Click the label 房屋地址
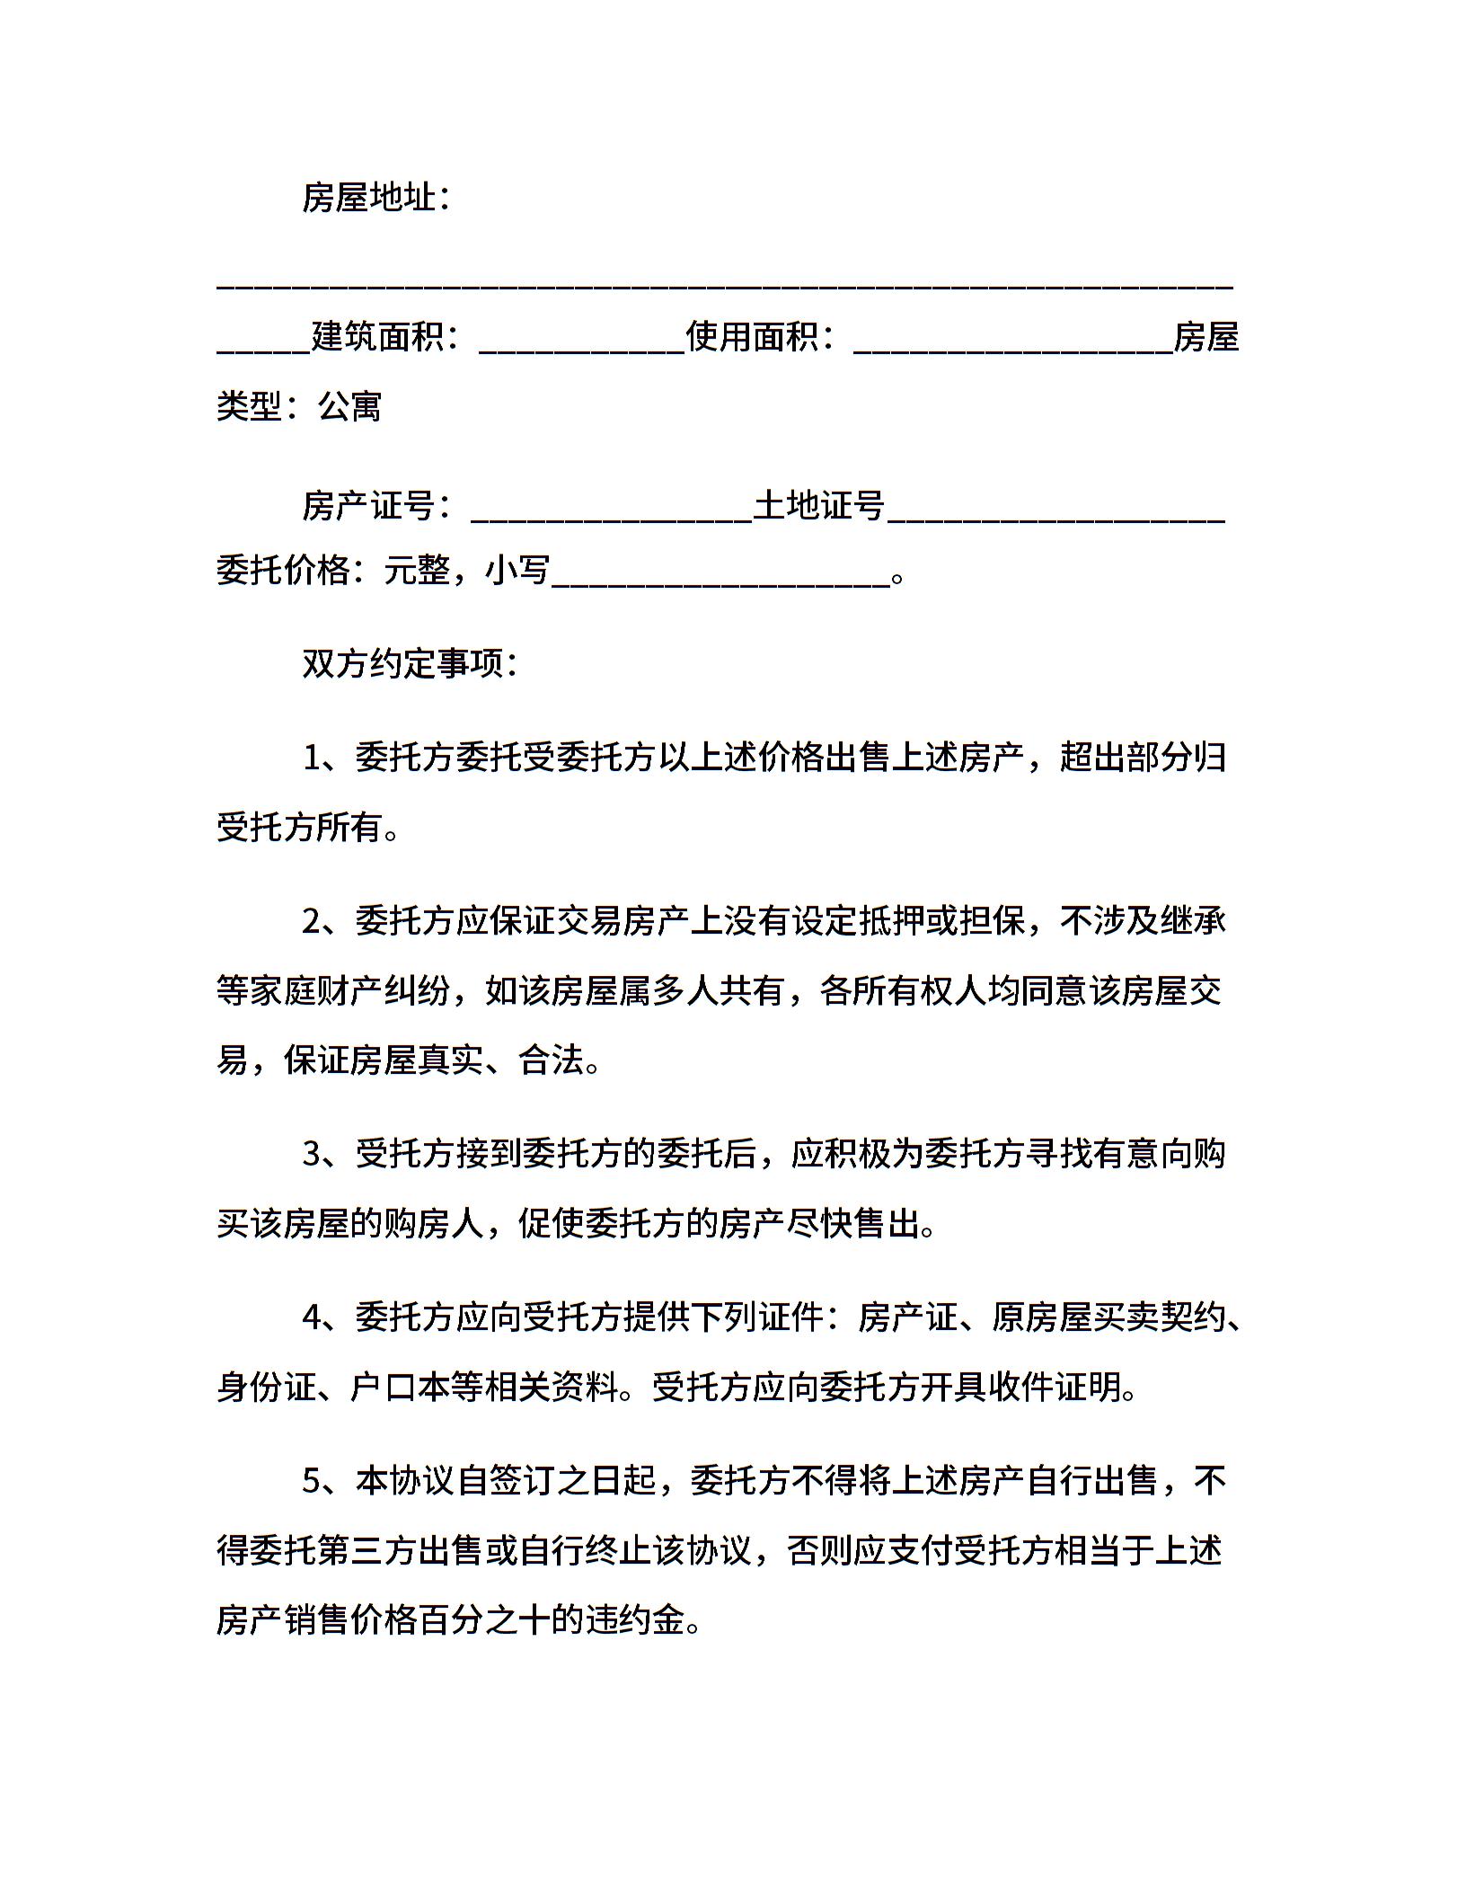368,198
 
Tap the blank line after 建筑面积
582,346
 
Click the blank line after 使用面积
1013,346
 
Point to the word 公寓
350,407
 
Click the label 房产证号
368,506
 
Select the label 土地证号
819,506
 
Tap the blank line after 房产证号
611,515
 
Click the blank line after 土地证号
1055,515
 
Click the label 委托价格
283,571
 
